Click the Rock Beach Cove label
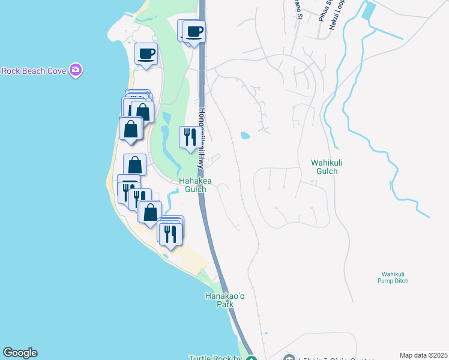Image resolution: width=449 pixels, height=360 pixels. [33, 71]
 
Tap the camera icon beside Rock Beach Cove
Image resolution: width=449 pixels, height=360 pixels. [76, 70]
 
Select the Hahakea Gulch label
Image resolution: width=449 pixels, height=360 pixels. [192, 185]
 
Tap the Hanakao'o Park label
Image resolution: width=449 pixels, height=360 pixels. [219, 300]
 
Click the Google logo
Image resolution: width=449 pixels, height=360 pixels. [20, 353]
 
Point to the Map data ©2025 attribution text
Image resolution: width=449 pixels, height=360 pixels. [423, 355]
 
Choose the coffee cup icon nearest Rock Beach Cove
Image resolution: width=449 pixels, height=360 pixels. [146, 55]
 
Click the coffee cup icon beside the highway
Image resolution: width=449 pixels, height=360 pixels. [194, 30]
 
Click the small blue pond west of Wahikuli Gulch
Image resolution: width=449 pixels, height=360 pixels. [245, 136]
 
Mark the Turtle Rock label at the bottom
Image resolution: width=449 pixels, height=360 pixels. [215, 358]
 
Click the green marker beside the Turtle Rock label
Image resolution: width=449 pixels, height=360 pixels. [252, 358]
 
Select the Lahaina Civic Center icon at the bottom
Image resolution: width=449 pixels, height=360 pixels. [290, 358]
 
